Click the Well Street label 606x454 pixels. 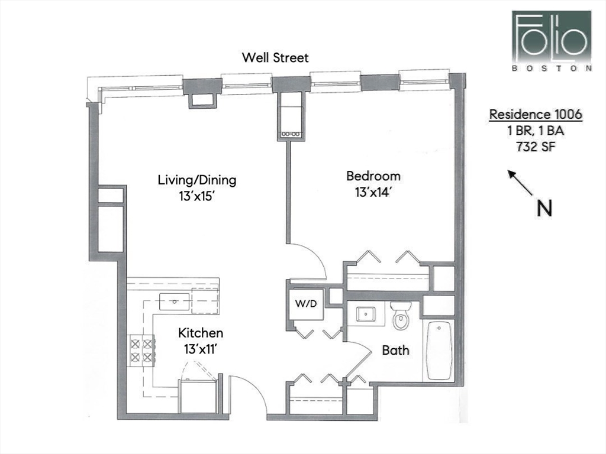[x=275, y=57]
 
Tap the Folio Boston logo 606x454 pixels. [x=552, y=41]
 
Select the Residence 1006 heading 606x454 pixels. [x=536, y=114]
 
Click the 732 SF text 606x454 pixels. [x=536, y=147]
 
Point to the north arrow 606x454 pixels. [x=520, y=182]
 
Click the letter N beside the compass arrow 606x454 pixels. [x=545, y=209]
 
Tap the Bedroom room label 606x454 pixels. [x=373, y=176]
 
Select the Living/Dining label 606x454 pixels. [x=196, y=180]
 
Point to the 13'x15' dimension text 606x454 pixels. [x=196, y=196]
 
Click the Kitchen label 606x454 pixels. [x=201, y=333]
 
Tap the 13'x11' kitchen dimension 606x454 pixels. [x=199, y=349]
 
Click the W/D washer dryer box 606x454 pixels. [x=306, y=304]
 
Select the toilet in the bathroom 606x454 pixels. [x=401, y=316]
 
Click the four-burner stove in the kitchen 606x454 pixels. [x=141, y=350]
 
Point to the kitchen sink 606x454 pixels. [x=175, y=301]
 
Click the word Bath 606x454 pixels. [x=395, y=350]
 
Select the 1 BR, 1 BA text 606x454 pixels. [x=536, y=131]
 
